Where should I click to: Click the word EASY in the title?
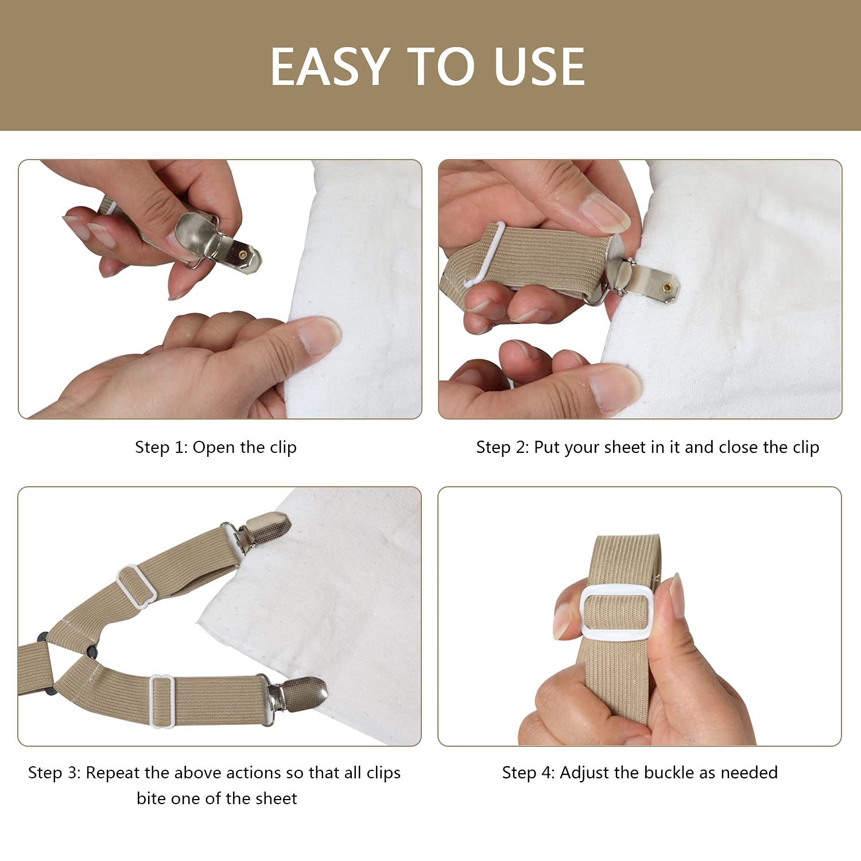click(329, 67)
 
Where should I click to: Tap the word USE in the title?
click(539, 67)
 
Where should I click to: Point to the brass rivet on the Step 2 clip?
click(668, 286)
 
